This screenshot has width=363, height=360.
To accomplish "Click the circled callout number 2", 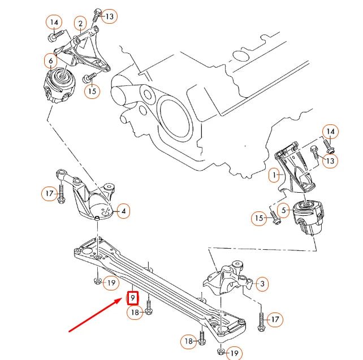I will pyautogui.click(x=81, y=23).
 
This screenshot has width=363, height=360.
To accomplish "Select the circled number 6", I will pyautogui.click(x=50, y=60).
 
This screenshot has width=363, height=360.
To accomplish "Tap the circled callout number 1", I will pyautogui.click(x=274, y=176).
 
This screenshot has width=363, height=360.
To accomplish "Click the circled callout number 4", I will pyautogui.click(x=124, y=212).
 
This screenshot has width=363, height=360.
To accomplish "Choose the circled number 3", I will pyautogui.click(x=262, y=284).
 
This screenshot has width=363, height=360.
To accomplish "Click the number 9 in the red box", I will pyautogui.click(x=132, y=297).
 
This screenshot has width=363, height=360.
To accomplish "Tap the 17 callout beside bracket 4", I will pyautogui.click(x=49, y=194).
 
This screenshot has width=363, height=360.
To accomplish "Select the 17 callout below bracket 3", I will pyautogui.click(x=274, y=320).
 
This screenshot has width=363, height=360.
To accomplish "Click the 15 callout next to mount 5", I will pyautogui.click(x=259, y=218).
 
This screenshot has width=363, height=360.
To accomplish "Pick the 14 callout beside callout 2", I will pyautogui.click(x=54, y=23).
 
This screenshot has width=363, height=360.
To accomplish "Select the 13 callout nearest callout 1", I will pyautogui.click(x=330, y=162).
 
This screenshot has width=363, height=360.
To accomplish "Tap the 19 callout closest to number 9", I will pyautogui.click(x=111, y=283).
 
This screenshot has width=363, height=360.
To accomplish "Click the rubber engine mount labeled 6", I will pyautogui.click(x=60, y=85).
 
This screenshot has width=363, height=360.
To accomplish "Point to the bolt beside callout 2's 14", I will pyautogui.click(x=54, y=37).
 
